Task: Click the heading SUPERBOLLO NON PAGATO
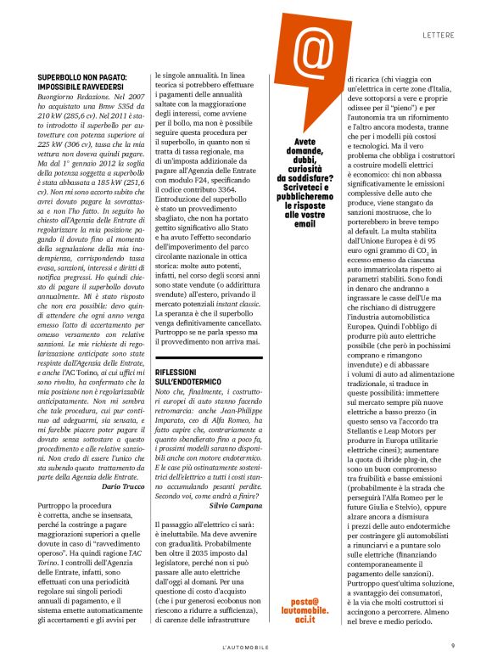tap(82, 78)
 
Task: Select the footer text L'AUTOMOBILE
tap(245, 648)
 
